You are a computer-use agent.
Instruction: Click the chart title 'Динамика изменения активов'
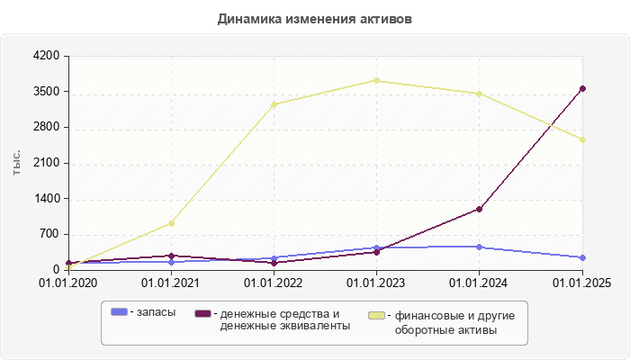coord(315,19)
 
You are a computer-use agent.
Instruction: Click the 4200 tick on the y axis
coord(46,56)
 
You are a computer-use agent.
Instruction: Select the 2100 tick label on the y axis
coord(46,163)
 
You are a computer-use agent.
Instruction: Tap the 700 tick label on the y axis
coord(49,234)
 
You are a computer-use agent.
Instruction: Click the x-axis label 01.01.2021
coord(171,283)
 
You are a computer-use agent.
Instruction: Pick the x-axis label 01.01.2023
coord(376,283)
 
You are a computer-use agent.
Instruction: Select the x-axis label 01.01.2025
coord(581,283)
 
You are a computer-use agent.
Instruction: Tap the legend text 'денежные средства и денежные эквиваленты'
coord(280,319)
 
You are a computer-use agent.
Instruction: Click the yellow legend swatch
coord(378,316)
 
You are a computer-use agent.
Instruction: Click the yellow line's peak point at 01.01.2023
coord(376,81)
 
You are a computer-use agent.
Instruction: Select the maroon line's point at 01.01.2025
coord(582,88)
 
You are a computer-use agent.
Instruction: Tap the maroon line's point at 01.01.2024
coord(479,209)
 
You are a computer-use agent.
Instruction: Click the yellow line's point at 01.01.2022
coord(274,104)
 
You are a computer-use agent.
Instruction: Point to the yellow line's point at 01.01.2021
coord(171,223)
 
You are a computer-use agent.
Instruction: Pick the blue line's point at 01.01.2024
coord(479,247)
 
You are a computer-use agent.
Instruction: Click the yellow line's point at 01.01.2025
coord(582,139)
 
